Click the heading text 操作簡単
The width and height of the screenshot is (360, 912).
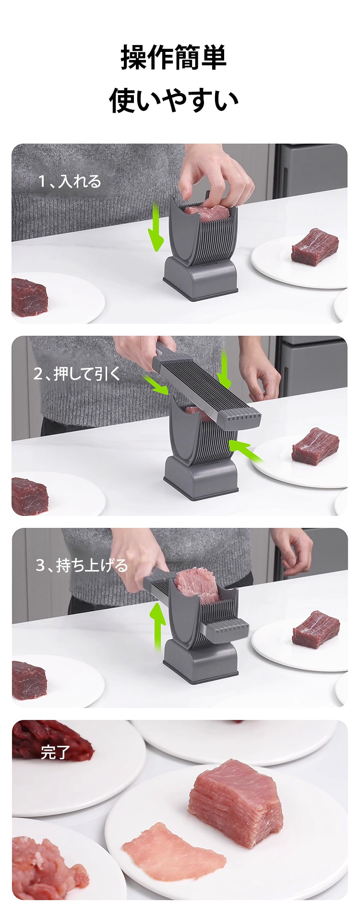[x=174, y=57]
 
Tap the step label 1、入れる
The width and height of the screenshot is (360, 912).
[x=70, y=182]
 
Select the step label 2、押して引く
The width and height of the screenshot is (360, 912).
[x=76, y=373]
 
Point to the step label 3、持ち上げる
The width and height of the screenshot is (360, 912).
[x=82, y=565]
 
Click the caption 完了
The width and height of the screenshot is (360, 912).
[x=56, y=753]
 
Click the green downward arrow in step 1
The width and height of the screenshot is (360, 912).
[x=156, y=227]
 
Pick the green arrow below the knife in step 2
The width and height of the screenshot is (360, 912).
[x=246, y=451]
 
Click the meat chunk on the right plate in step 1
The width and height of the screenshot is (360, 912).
[x=315, y=246]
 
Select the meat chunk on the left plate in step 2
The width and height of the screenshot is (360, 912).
[x=29, y=496]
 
